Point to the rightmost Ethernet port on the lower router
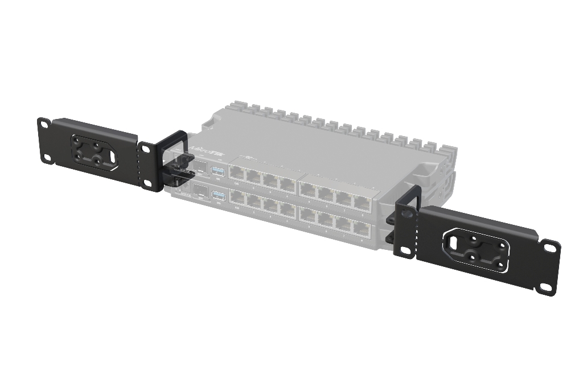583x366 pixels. (361, 227)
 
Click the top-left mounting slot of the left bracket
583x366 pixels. (43, 123)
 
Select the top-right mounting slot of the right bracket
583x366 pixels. (551, 248)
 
